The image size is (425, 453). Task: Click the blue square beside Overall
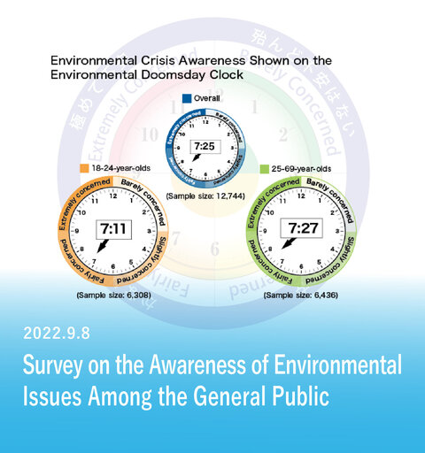click(187, 99)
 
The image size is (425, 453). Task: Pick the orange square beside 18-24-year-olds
click(82, 167)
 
